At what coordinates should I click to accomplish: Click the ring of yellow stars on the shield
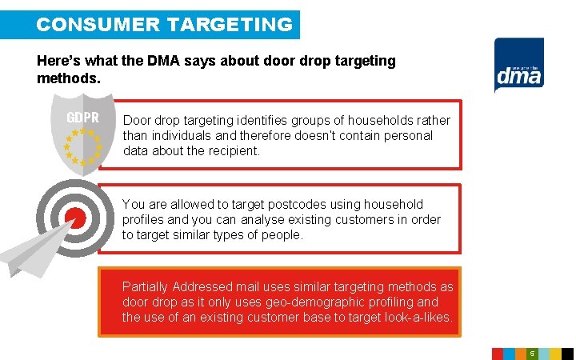pyautogui.click(x=82, y=146)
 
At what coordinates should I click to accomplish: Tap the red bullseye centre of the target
pyautogui.click(x=74, y=217)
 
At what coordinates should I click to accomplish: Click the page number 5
pyautogui.click(x=531, y=353)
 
